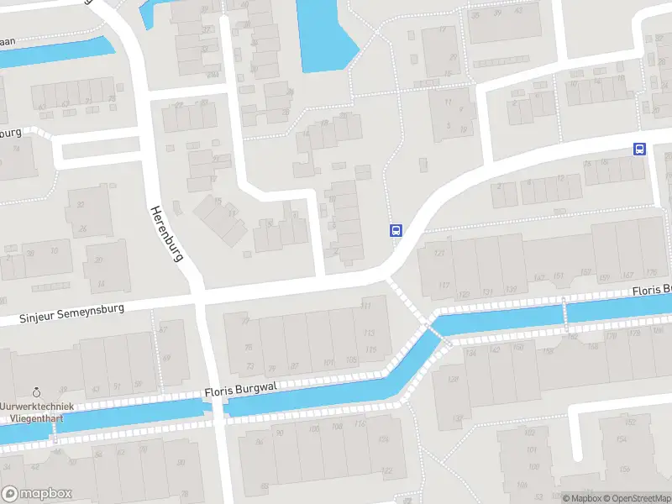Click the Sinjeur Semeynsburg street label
tap(72, 313)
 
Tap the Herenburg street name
tap(166, 234)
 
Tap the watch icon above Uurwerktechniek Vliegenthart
tap(37, 391)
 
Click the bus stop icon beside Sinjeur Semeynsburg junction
tap(395, 230)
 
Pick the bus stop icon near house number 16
tap(639, 150)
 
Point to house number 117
tap(443, 285)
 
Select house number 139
tap(511, 291)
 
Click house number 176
tap(652, 270)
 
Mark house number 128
tap(454, 379)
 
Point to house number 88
tap(265, 486)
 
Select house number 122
tap(388, 470)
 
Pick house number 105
tap(351, 360)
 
